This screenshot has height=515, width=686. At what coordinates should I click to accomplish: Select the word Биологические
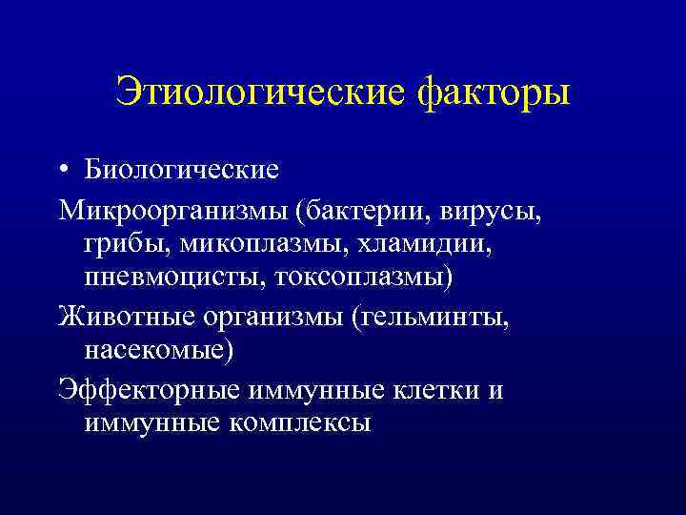pos(181,170)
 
